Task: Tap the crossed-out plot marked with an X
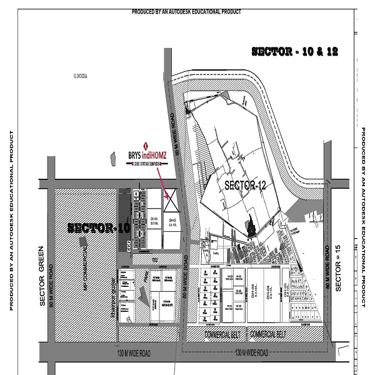(169, 204)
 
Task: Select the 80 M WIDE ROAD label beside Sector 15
(327, 266)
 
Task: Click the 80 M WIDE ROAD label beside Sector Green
(52, 285)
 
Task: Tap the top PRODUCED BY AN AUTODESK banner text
(186, 12)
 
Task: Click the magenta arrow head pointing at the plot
(168, 197)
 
